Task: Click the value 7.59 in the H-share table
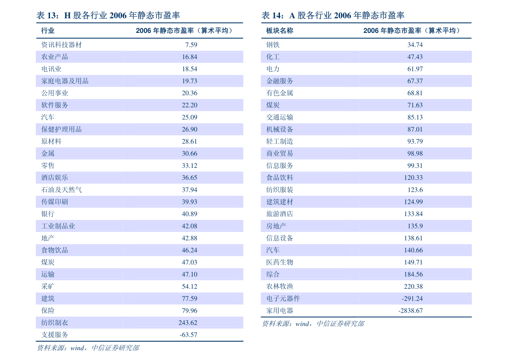191,45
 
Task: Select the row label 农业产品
54,57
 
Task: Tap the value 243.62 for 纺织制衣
188,323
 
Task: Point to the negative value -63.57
188,335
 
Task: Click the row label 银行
48,214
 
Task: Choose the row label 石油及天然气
61,190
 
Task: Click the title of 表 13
108,16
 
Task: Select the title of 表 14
333,16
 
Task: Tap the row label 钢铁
273,45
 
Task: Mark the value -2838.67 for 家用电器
410,311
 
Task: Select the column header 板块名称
280,31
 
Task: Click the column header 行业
48,31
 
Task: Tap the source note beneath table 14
312,324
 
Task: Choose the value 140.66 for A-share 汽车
413,250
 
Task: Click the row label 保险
48,311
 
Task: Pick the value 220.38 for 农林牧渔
413,287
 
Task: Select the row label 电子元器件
283,299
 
